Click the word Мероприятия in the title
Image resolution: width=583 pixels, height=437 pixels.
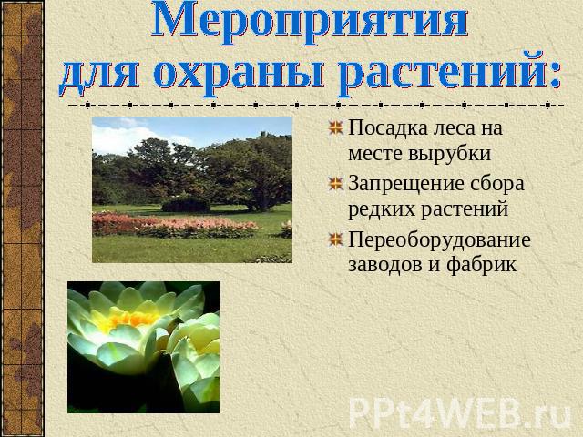[x=310, y=22]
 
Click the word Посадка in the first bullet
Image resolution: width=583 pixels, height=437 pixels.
[x=388, y=127]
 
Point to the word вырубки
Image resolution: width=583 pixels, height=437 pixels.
[x=449, y=154]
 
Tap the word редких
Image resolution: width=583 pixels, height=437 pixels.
[x=382, y=209]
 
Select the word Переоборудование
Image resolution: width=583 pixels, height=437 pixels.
[x=439, y=240]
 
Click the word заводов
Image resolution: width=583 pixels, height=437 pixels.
[x=385, y=265]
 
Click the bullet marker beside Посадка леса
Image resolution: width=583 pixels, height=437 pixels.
[x=336, y=127]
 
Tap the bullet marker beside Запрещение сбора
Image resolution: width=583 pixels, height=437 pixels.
[x=336, y=184]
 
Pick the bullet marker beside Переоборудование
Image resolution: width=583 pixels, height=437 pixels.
[x=336, y=239]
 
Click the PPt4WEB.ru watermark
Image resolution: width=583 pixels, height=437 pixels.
[x=460, y=413]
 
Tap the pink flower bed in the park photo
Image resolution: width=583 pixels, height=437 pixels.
[x=175, y=225]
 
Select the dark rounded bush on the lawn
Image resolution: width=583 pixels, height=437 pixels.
[x=186, y=205]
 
